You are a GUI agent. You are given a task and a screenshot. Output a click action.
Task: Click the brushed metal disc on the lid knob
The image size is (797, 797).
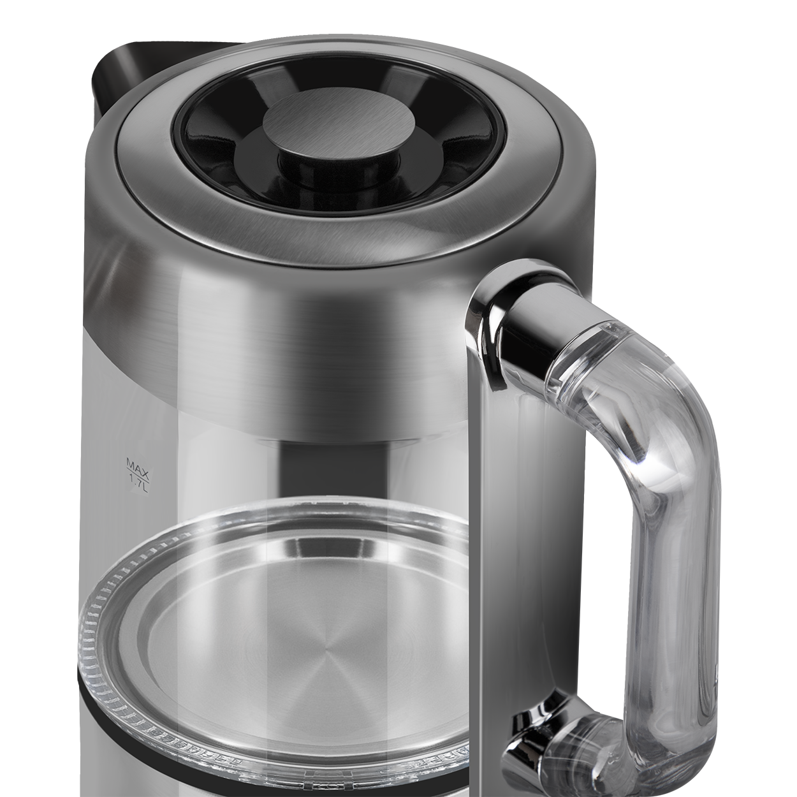(339, 123)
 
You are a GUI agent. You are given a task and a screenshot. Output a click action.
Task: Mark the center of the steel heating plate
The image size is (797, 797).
(326, 657)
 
